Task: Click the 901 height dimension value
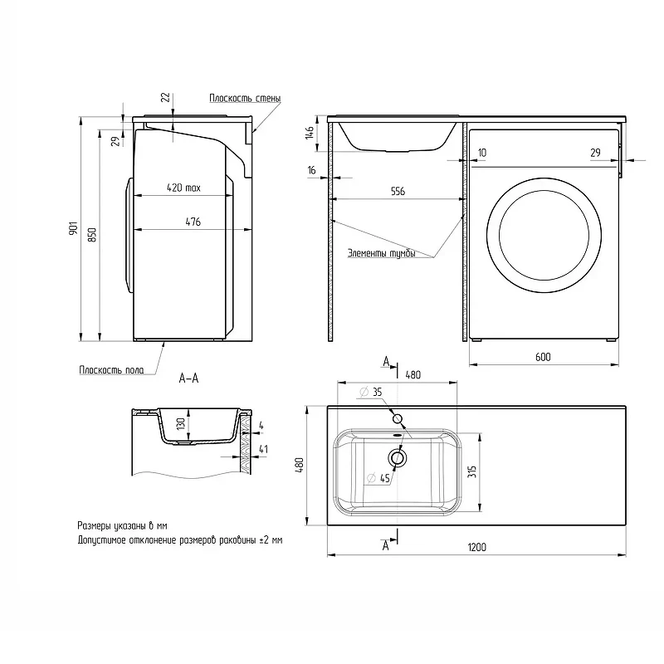[x=74, y=228]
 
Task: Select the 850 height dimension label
[x=92, y=235]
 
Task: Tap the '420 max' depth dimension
[x=183, y=188]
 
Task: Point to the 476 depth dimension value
[x=193, y=222]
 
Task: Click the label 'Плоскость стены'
[x=245, y=98]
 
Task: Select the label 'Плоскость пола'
[x=111, y=369]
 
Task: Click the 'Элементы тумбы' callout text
[x=382, y=253]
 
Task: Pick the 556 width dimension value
[x=398, y=192]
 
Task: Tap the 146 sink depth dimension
[x=310, y=132]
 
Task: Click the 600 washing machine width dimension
[x=543, y=357]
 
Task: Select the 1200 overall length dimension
[x=476, y=547]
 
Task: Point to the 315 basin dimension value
[x=472, y=471]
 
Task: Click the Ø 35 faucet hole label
[x=371, y=392]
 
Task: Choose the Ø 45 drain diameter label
[x=378, y=479]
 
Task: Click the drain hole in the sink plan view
[x=398, y=458]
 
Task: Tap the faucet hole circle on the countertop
[x=398, y=419]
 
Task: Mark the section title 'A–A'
[x=189, y=378]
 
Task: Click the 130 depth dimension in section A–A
[x=181, y=424]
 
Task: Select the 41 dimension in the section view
[x=263, y=449]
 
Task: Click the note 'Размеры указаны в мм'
[x=122, y=526]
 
